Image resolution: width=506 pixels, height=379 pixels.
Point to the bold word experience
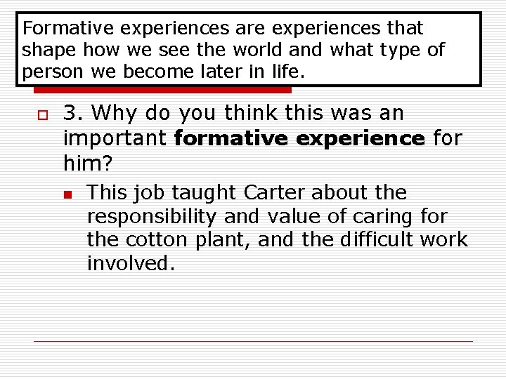(360, 139)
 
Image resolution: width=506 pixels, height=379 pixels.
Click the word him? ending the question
(88, 164)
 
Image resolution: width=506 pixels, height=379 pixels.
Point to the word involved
(131, 264)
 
